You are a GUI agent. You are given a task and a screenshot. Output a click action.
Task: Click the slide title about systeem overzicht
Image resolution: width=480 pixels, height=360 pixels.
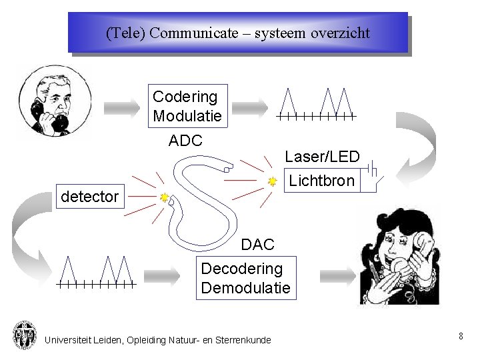click(x=237, y=33)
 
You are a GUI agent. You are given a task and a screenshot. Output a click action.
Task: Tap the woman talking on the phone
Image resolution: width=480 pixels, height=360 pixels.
click(x=400, y=257)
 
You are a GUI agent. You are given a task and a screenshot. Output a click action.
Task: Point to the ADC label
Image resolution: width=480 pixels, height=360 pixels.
click(x=185, y=141)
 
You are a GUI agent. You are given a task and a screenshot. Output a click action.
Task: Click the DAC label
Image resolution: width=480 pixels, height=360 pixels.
click(x=257, y=245)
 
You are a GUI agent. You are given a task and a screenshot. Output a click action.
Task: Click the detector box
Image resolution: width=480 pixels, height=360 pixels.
click(x=89, y=197)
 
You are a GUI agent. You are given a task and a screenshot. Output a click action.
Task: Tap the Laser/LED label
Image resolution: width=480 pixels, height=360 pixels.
click(x=322, y=157)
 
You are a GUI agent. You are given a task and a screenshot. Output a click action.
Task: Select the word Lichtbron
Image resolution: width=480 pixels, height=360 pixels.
click(x=321, y=181)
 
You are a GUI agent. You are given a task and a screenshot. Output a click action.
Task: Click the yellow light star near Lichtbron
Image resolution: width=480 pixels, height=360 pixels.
click(x=272, y=181)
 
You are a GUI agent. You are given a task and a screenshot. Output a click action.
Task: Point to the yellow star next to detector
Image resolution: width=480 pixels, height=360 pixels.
click(x=164, y=198)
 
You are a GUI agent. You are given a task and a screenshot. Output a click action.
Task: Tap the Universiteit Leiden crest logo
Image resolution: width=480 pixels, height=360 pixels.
click(x=25, y=335)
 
